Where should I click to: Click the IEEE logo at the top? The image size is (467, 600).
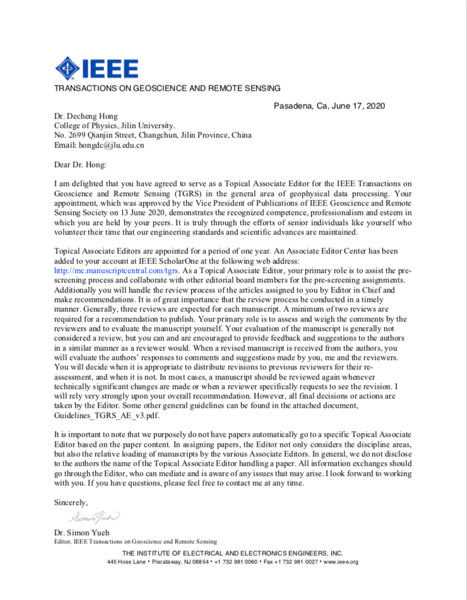pos(97,67)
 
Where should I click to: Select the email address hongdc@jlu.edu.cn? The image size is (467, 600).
pos(111,145)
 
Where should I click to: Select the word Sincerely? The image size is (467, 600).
pos(71,502)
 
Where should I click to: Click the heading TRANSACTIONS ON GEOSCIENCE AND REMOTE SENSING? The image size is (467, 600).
pos(167,88)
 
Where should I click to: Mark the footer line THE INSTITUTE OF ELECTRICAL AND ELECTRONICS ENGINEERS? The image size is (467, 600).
pos(233,552)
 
